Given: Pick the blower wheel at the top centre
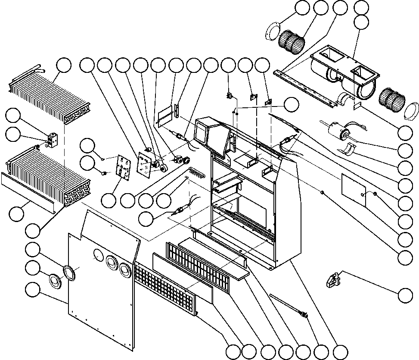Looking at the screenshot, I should click(x=291, y=41).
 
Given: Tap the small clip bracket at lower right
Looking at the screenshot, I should click(x=332, y=280).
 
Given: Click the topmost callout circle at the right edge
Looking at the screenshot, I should click(x=361, y=7).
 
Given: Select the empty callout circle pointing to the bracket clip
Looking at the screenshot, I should click(x=405, y=296).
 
